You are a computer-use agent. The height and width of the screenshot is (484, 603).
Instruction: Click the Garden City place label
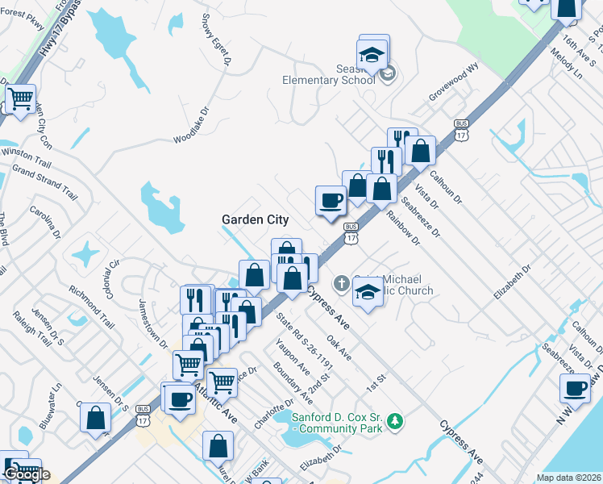point(256,219)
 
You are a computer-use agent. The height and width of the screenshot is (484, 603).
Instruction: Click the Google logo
point(26,474)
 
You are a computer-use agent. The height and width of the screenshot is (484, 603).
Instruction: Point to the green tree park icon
point(395,421)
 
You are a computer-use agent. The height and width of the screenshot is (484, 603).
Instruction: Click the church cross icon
point(342,283)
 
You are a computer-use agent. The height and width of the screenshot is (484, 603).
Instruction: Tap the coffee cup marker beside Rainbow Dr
point(330,200)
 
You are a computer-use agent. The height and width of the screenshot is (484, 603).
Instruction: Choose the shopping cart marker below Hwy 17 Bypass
point(20,100)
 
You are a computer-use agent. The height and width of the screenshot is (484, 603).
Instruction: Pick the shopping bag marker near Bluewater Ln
point(95,419)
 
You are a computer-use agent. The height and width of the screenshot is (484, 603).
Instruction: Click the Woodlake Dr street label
point(191,127)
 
